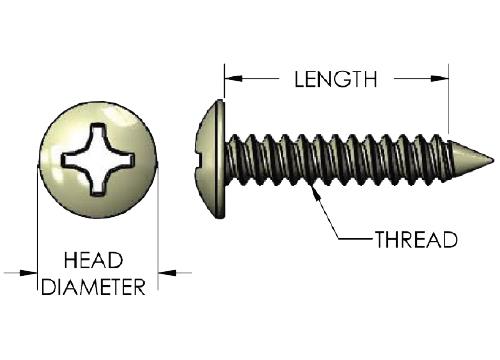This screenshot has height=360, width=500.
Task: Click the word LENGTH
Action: tap(336, 79)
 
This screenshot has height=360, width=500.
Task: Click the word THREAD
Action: tap(416, 239)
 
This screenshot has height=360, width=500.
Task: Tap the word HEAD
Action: tap(93, 260)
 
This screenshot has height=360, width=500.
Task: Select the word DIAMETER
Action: tap(93, 286)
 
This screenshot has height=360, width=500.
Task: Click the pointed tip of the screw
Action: tap(493, 159)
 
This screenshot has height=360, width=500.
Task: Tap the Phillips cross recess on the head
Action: tap(98, 159)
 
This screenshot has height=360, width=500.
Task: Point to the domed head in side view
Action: tap(210, 159)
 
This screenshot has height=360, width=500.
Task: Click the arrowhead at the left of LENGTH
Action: tap(233, 79)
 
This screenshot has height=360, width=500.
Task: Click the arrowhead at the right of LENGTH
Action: tap(439, 79)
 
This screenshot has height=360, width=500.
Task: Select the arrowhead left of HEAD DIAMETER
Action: tap(28, 273)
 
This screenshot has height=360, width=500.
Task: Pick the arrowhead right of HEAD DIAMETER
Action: tap(167, 273)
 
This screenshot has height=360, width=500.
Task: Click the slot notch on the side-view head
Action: tap(199, 159)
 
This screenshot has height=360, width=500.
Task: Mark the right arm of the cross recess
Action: tap(124, 159)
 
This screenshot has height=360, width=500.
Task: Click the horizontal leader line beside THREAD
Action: tap(356, 239)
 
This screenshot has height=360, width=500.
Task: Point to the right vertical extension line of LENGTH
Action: tap(449, 98)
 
